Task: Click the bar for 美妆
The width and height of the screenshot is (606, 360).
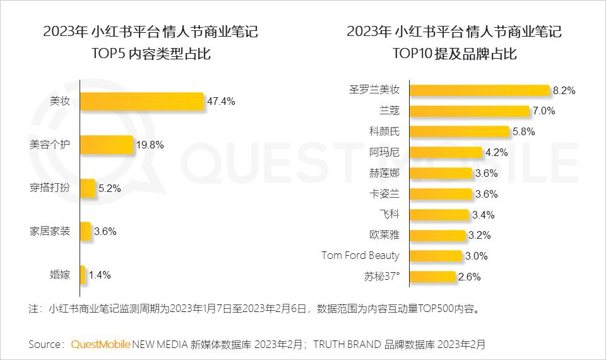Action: pyautogui.click(x=142, y=101)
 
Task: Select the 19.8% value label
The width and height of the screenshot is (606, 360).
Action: pyautogui.click(x=150, y=145)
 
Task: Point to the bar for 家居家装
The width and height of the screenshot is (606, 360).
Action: pyautogui.click(x=86, y=231)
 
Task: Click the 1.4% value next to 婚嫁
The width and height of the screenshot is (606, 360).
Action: pyautogui.click(x=100, y=275)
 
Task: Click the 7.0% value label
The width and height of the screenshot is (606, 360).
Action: pyautogui.click(x=544, y=111)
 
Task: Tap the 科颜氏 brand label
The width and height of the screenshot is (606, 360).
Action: pyautogui.click(x=384, y=131)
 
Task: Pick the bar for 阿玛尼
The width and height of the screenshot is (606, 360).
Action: pyautogui.click(x=446, y=152)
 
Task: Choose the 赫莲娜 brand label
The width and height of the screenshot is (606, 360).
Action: pyautogui.click(x=384, y=172)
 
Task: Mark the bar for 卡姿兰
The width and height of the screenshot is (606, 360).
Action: pyautogui.click(x=441, y=193)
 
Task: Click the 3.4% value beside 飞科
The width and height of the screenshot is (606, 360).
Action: pyautogui.click(x=483, y=215)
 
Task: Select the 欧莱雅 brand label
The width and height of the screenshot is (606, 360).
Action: pyautogui.click(x=384, y=235)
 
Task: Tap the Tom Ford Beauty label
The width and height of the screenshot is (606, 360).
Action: pyautogui.click(x=360, y=255)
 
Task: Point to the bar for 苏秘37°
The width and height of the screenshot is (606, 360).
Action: pyautogui.click(x=432, y=276)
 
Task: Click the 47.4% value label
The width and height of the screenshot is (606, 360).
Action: pyautogui.click(x=221, y=101)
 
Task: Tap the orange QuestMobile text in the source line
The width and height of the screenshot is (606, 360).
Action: pyautogui.click(x=100, y=344)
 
